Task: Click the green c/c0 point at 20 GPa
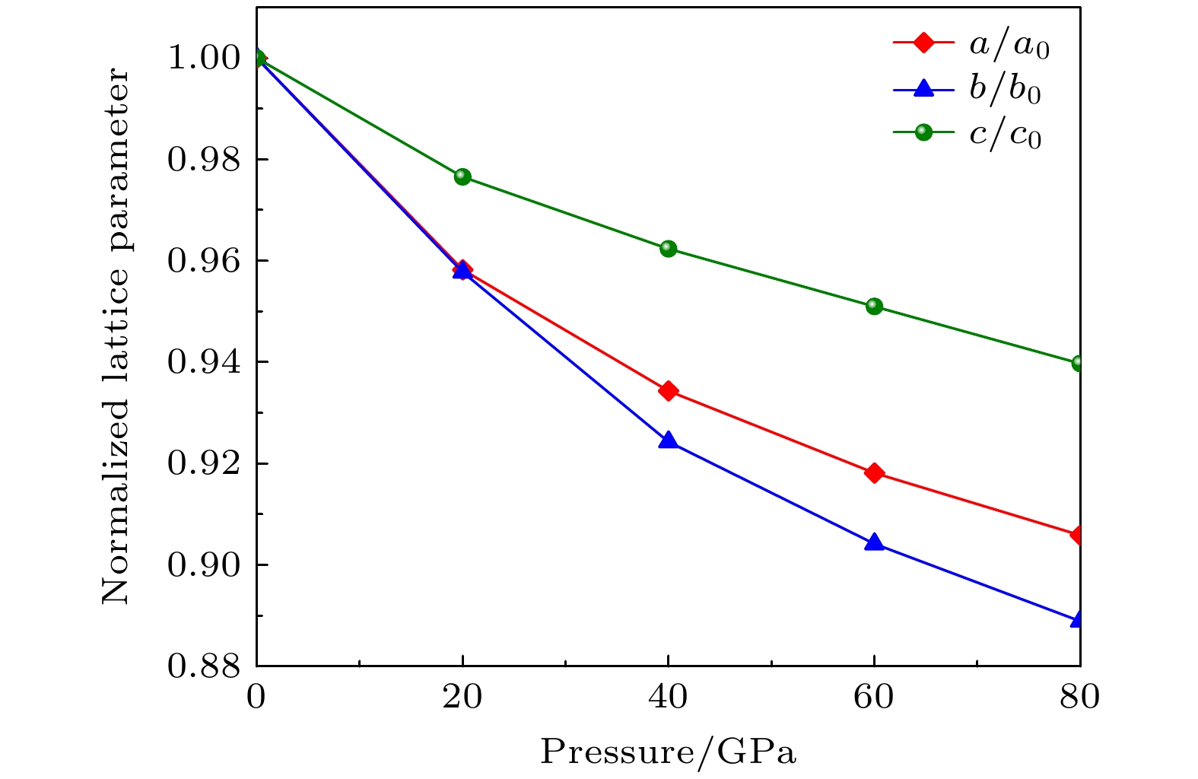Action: point(462,176)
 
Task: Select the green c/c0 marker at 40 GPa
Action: point(669,249)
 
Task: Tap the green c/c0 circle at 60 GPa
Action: point(874,306)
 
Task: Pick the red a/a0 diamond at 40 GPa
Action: point(669,391)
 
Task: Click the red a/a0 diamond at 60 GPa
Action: point(874,473)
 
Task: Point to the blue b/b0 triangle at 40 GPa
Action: point(669,440)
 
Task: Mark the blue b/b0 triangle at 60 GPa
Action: point(874,542)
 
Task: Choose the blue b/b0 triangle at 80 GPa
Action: point(1078,619)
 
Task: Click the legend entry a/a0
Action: point(1009,46)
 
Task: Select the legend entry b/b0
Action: point(1004,89)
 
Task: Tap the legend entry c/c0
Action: point(1004,134)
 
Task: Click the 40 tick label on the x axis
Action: point(668,697)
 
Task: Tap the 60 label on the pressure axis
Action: point(874,697)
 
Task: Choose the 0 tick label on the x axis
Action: point(256,697)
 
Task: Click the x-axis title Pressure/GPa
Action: point(668,752)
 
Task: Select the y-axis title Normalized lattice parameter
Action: point(116,336)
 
